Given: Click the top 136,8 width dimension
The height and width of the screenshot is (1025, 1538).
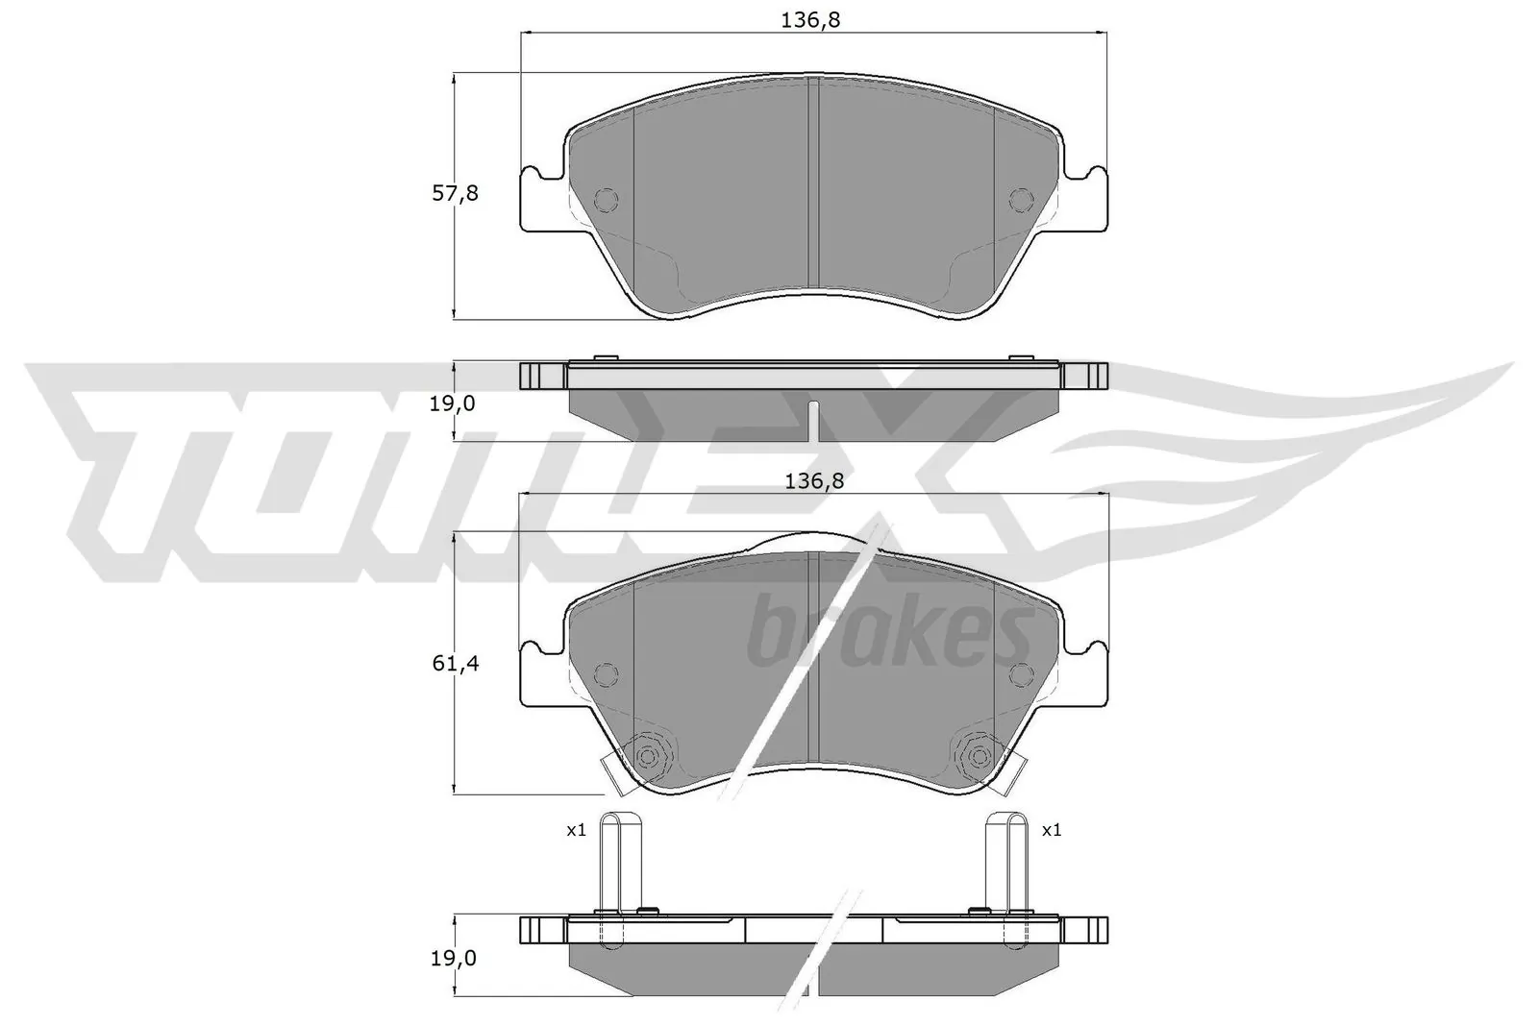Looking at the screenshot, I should pos(813,19).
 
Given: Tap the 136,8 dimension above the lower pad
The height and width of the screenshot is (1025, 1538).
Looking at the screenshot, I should pos(813,481).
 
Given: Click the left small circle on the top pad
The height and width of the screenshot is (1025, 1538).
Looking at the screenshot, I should pos(607,199).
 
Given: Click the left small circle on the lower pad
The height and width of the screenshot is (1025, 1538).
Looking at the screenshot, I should pos(607,673).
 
